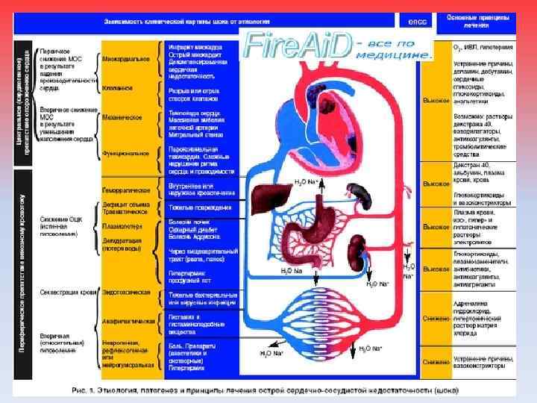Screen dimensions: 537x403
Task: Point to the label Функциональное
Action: click(x=126, y=154)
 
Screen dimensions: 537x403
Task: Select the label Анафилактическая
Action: click(x=129, y=321)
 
